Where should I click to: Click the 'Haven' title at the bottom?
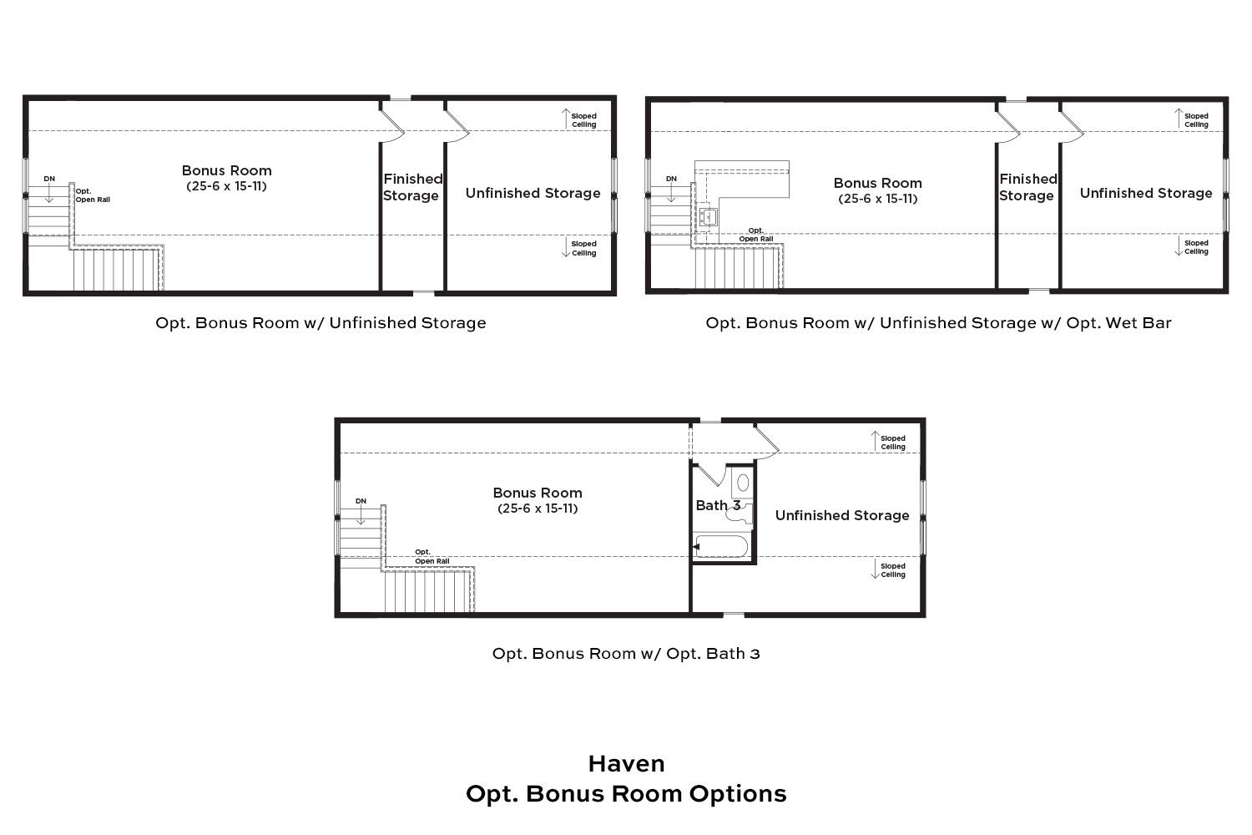pos(626,764)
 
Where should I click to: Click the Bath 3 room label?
pos(718,505)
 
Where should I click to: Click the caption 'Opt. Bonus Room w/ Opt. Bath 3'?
pos(626,654)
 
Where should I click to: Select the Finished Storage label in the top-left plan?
pos(411,187)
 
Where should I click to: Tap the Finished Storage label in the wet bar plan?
pos(1027,187)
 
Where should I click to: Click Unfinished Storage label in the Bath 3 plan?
pos(842,515)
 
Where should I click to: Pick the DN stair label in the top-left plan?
pos(49,179)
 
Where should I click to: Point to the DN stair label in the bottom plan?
pos(361,501)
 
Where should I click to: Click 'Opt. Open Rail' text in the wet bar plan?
pos(755,235)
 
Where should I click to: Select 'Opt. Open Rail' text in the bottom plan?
pos(432,556)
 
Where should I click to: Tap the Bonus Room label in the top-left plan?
pos(226,170)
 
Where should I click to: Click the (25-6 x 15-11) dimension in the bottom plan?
pos(538,508)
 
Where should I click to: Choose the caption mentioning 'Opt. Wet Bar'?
pos(938,323)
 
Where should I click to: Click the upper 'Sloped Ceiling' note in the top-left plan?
pos(583,120)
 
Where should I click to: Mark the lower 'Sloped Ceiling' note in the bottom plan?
pos(892,570)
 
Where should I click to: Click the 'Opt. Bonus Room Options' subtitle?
pos(626,793)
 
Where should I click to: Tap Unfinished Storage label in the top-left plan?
pos(533,193)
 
